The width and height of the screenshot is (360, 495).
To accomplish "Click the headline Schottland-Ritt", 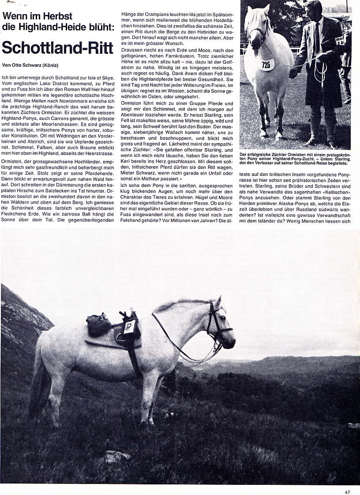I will click(58, 47).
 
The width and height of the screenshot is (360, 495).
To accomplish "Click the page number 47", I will click(348, 492).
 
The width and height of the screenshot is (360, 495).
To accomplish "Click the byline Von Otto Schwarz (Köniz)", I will click(30, 65).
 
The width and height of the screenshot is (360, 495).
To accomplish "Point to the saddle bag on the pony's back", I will click(99, 324).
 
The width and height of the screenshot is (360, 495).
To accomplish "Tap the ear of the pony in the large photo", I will click(217, 302).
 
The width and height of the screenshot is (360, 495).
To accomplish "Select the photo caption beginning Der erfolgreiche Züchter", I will click(294, 159).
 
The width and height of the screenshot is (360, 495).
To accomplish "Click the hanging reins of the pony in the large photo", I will click(185, 348).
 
